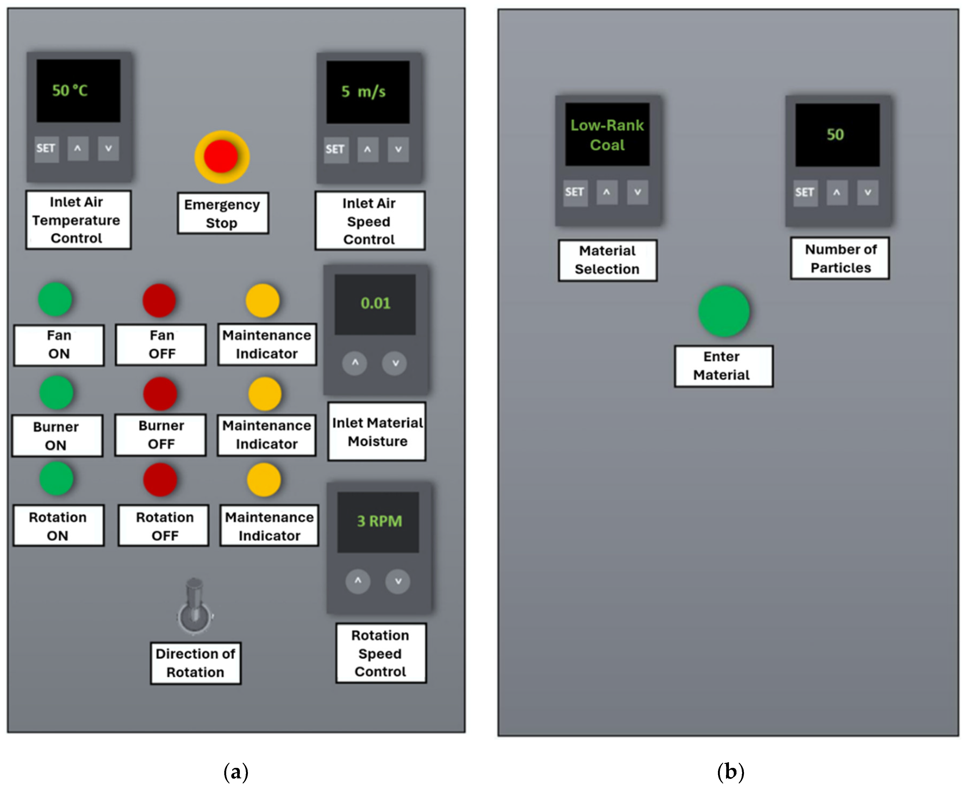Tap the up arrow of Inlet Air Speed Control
(x=367, y=149)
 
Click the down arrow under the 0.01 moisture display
(x=395, y=363)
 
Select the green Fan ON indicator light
(x=55, y=299)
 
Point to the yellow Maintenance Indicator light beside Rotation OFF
(x=264, y=479)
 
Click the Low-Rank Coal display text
(x=607, y=135)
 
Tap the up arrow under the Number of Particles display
(x=836, y=193)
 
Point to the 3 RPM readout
(x=379, y=521)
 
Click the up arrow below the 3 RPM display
(x=358, y=581)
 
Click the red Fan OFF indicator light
(x=159, y=300)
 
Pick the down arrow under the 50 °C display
(x=109, y=148)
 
